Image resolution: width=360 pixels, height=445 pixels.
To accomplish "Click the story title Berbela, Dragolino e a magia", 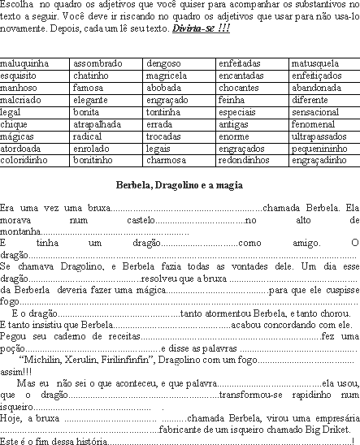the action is (180, 185).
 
